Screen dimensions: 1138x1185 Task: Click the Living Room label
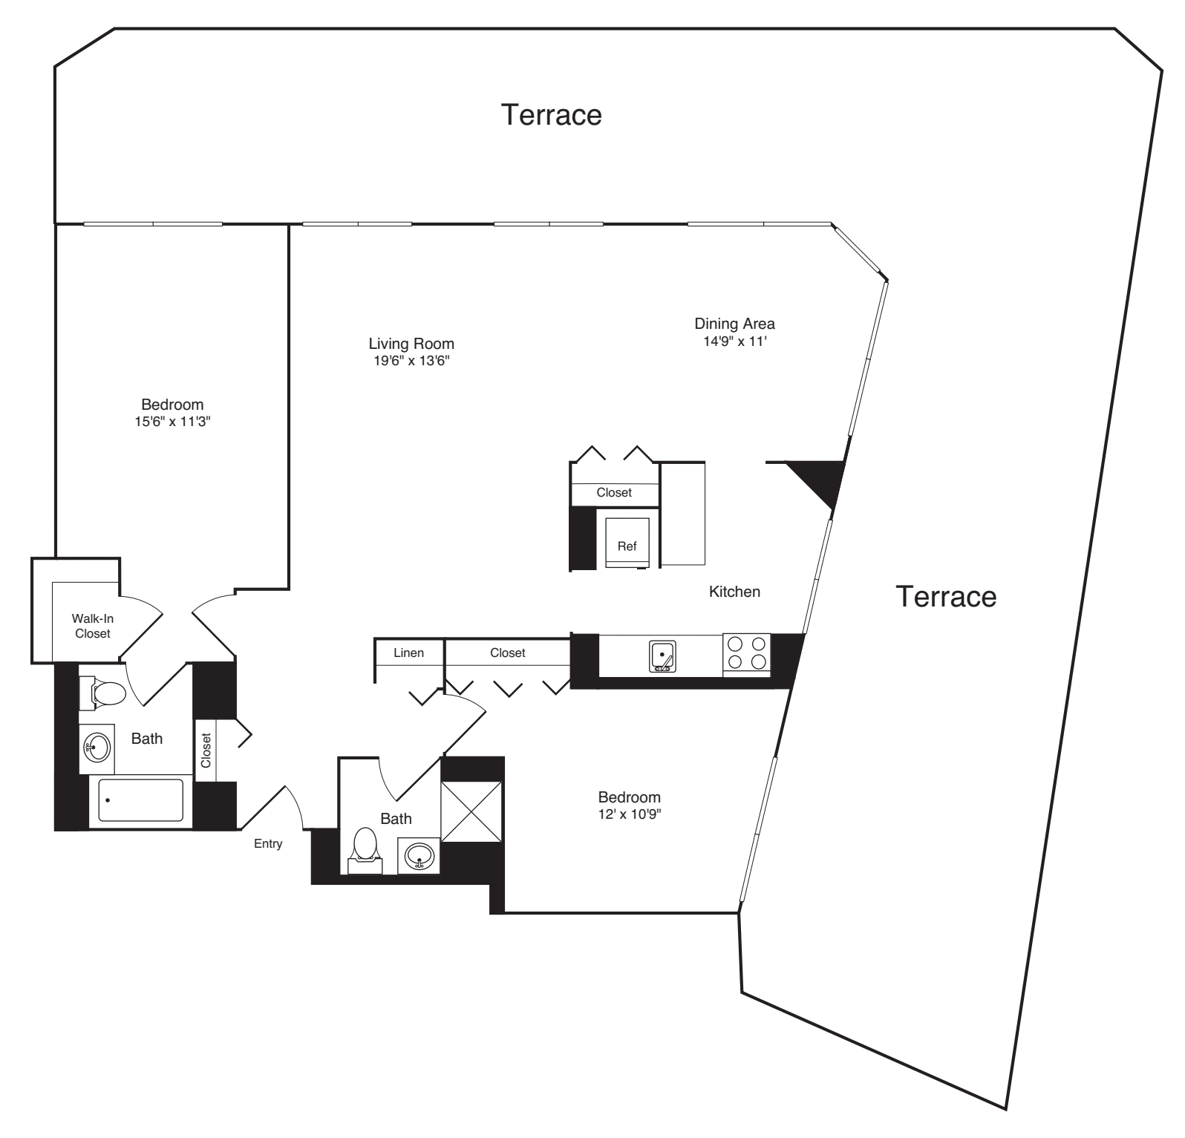coord(411,344)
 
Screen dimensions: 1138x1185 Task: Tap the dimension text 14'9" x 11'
coord(734,341)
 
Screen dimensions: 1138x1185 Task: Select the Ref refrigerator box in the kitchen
coord(627,543)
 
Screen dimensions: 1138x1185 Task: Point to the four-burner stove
coord(747,653)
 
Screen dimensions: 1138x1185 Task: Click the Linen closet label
coord(408,653)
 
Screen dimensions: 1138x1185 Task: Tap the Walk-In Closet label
coord(93,626)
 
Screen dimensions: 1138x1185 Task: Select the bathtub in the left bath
coord(141,799)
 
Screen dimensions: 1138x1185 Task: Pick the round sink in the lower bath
coord(419,857)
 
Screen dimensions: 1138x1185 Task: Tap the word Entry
coord(268,843)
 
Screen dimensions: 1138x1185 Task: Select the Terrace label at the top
coord(551,115)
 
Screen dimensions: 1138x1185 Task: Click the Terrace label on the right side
coord(946,596)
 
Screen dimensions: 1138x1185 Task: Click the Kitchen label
coord(734,592)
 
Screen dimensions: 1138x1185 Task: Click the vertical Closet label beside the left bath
coord(206,751)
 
